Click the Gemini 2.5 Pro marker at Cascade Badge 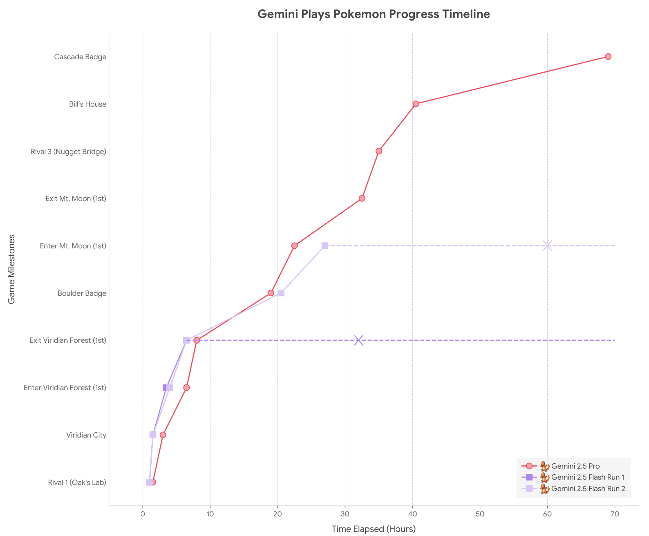tap(608, 56)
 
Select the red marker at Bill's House tap(416, 104)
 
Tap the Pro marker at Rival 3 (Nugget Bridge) tap(378, 151)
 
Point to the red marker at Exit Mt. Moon tap(362, 199)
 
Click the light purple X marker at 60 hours tap(548, 246)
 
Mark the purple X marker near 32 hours tap(358, 340)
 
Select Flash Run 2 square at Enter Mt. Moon tap(324, 246)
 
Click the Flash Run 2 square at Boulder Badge tap(281, 293)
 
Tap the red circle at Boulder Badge tap(271, 293)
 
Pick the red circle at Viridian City tap(163, 435)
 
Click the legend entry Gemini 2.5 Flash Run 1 tap(588, 477)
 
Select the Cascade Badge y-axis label tap(80, 57)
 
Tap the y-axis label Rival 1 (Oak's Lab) tap(77, 482)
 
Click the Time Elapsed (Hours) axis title tap(374, 529)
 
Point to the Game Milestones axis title tap(11, 269)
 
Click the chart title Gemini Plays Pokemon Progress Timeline tap(374, 14)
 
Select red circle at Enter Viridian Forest tap(186, 387)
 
